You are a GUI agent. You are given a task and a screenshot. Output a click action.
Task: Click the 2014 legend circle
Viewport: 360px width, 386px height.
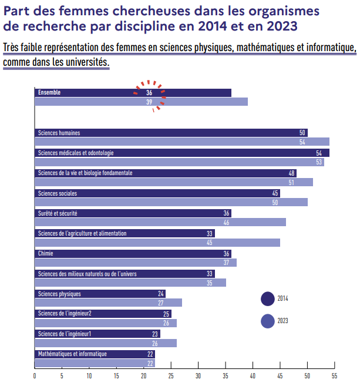pyautogui.click(x=268, y=298)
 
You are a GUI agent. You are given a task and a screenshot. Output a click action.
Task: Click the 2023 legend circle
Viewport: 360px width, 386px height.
pyautogui.click(x=268, y=321)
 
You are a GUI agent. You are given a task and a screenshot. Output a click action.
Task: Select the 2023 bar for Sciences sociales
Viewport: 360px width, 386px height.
pyautogui.click(x=170, y=202)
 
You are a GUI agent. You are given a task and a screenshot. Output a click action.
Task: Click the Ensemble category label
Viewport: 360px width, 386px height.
pyautogui.click(x=49, y=93)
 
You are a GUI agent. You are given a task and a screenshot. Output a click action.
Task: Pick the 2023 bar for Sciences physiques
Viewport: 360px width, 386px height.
pyautogui.click(x=108, y=303)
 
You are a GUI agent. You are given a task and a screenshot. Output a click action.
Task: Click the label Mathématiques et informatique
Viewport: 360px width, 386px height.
pyautogui.click(x=72, y=354)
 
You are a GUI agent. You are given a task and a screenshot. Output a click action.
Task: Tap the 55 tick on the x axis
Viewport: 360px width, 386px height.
pyautogui.click(x=335, y=376)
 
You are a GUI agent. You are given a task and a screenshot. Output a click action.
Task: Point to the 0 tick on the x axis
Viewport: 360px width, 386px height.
pyautogui.click(x=35, y=376)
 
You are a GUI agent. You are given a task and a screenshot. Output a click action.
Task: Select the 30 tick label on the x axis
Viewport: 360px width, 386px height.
pyautogui.click(x=198, y=376)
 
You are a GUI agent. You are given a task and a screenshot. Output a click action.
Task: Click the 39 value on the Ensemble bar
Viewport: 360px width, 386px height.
pyautogui.click(x=149, y=102)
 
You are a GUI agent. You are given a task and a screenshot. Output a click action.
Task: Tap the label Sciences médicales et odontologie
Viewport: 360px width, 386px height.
pyautogui.click(x=76, y=153)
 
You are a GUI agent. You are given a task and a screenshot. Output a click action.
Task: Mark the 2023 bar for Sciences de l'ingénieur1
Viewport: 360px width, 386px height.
pyautogui.click(x=106, y=343)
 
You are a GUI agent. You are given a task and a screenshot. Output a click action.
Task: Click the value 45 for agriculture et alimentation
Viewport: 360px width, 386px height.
pyautogui.click(x=210, y=243)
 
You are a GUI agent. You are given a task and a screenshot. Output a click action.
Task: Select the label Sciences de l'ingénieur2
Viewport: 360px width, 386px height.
pyautogui.click(x=65, y=313)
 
